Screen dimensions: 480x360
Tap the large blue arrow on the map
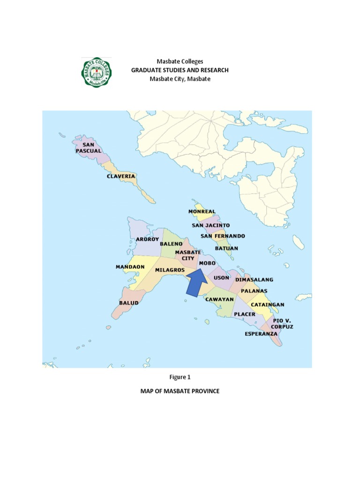196,284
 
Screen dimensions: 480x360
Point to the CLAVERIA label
121,176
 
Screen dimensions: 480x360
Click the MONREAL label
202,211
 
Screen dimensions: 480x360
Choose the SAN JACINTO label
210,225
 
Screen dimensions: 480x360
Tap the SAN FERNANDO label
223,236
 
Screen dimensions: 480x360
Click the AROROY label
144,239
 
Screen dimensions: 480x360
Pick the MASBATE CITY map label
185,255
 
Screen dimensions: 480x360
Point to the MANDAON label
130,267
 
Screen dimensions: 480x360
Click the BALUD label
128,303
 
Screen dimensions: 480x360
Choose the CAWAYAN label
219,299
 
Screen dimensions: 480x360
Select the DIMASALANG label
254,280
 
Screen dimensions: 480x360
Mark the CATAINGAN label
268,304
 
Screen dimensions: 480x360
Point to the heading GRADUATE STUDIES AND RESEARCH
180,70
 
